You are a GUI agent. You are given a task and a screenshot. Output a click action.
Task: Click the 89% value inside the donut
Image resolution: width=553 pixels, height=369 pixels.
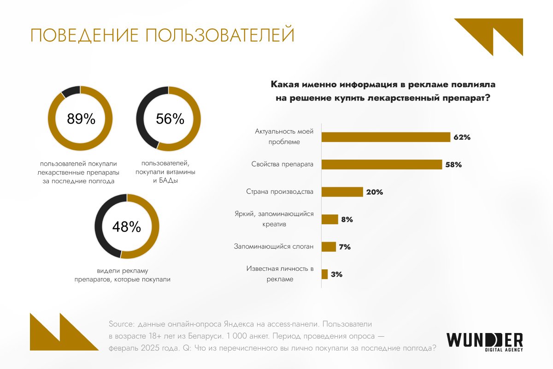pos(81,119)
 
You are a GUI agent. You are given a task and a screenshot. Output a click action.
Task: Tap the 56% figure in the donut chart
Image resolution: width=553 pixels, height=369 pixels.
pos(170,119)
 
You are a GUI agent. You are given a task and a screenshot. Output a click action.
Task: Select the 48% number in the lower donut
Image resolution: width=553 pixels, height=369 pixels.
pos(126,226)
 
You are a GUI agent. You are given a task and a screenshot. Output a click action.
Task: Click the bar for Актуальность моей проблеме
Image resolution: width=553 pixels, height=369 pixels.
pos(385,137)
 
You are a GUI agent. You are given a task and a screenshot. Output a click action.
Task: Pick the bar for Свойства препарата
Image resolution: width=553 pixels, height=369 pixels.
pos(382,164)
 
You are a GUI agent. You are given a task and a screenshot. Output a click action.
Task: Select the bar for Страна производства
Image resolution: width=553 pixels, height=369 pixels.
pos(341,192)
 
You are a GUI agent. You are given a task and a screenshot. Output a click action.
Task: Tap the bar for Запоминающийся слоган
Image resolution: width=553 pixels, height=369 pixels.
pos(329,247)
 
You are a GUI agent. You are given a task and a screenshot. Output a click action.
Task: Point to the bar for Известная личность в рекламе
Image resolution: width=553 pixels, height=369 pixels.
pos(324,274)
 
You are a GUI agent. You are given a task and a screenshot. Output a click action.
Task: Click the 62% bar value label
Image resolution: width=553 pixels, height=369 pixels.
pos(461,137)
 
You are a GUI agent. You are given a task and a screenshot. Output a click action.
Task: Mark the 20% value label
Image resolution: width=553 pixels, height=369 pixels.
pos(374,192)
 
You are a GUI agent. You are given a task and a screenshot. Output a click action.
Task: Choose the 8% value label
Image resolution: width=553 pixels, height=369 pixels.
pos(347,220)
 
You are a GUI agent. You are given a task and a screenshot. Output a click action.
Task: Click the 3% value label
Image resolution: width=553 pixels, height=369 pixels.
pos(336,274)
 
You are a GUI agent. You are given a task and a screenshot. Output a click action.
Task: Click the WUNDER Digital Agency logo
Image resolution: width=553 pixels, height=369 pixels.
pos(485,342)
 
